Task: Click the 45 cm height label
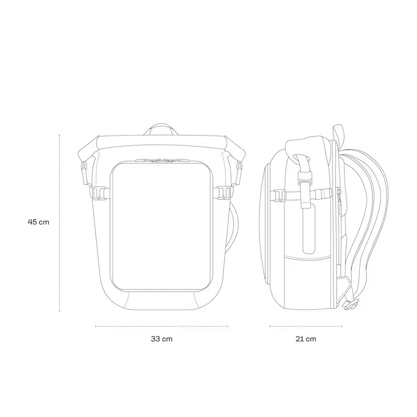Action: click(38, 222)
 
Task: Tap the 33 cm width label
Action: click(162, 339)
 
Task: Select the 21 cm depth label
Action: click(306, 339)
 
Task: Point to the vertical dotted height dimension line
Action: click(59, 223)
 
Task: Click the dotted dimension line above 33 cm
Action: click(162, 326)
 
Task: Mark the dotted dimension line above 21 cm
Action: click(306, 326)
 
